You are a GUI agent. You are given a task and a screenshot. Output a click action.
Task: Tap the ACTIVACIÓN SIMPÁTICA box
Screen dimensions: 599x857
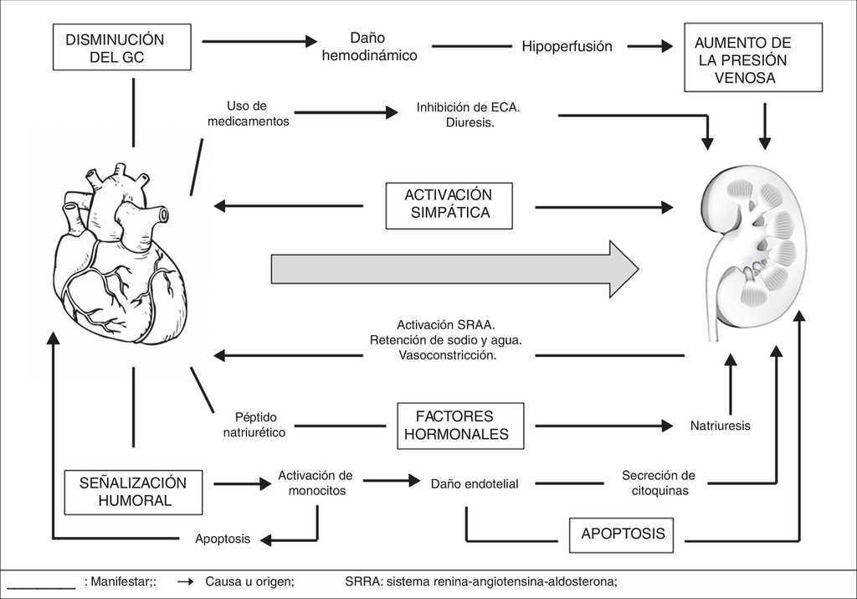449,204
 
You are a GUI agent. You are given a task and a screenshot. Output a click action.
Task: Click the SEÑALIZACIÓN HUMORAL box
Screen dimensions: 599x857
133,492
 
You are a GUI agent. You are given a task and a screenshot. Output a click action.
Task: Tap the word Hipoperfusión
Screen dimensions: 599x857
567,47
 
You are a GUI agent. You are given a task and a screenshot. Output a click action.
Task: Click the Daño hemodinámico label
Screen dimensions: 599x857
369,47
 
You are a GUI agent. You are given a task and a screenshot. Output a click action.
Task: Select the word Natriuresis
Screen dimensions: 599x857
720,426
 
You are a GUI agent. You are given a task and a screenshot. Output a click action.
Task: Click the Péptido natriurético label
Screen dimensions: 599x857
254,425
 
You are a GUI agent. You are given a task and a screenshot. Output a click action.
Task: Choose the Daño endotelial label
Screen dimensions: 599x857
475,483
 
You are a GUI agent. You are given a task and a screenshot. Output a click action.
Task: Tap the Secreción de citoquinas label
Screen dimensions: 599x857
658,483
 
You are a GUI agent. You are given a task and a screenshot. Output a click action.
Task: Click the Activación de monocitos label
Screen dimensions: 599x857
316,483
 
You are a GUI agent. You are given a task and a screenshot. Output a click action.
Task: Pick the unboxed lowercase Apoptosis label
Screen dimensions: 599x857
222,540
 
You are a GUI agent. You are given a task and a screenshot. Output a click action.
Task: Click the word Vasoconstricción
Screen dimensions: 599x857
448,355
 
